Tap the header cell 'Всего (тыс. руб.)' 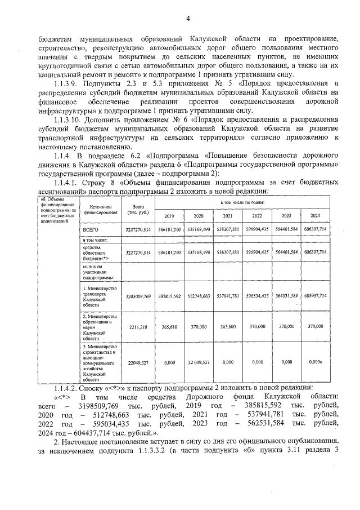(x=134, y=210)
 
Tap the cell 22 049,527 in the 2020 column (x=198, y=362)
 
